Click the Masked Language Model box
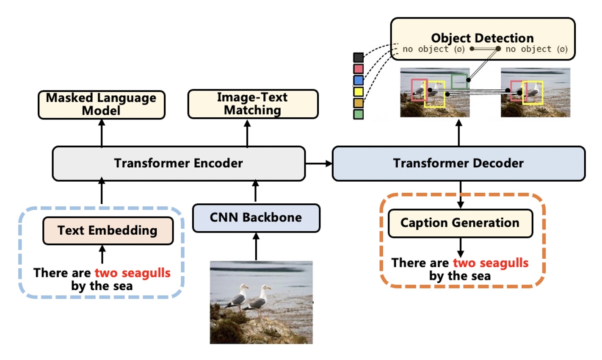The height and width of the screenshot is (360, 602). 101,104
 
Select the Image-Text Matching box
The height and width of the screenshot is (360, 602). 252,104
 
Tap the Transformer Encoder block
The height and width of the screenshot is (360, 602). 178,163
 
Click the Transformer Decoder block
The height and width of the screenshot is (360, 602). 458,163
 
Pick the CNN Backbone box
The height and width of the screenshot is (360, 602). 256,218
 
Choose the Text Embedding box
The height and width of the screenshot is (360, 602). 108,230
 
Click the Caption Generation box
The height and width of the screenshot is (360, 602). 460,223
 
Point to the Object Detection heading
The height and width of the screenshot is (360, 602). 482,38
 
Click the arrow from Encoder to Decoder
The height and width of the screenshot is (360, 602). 318,163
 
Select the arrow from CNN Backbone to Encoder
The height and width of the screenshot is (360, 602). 255,191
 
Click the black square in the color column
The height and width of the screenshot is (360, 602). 358,58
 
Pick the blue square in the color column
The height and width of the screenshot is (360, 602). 358,80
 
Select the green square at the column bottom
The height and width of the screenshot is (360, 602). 358,114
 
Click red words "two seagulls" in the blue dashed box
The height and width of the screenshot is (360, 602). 132,273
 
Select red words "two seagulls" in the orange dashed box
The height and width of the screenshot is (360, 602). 490,263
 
